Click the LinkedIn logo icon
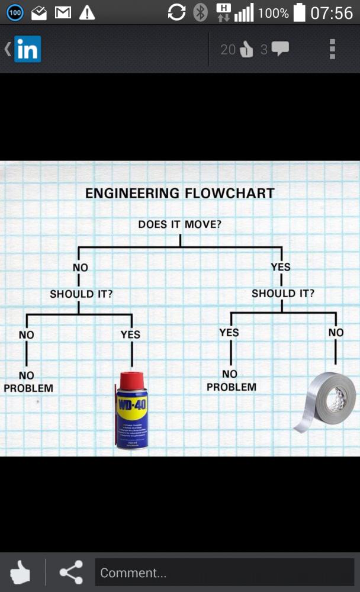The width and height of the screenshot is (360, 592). pos(28,49)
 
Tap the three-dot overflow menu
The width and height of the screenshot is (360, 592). pos(332,49)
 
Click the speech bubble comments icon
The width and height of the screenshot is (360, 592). pos(279,49)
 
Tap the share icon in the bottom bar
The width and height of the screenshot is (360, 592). pos(71,572)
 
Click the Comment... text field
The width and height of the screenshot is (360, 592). pos(224,572)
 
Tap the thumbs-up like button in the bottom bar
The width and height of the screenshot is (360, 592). pos(20,572)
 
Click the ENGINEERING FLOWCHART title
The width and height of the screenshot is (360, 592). pos(179,193)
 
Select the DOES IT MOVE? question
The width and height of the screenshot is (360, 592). pos(180,224)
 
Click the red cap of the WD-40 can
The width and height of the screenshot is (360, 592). pos(131,378)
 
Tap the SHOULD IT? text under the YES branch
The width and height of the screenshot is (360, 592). pos(283,293)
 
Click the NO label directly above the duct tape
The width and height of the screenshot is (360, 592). pos(336,332)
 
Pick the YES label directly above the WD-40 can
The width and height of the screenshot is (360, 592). pos(130,334)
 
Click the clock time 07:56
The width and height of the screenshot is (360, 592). pos(332,12)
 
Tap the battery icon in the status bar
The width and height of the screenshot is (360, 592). pos(300,12)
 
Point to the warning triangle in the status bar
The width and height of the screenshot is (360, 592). pos(87,12)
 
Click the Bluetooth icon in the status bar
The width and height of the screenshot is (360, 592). pos(201,12)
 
